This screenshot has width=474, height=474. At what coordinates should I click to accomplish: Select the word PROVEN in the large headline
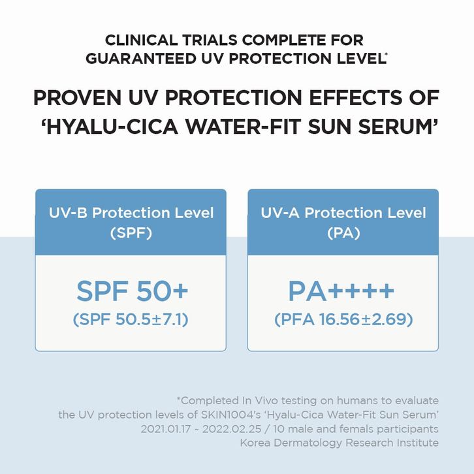(78, 98)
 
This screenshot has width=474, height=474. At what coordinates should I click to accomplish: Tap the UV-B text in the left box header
(68, 213)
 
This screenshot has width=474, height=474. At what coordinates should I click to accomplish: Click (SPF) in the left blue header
(131, 233)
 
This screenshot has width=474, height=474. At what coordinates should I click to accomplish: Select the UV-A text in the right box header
(280, 213)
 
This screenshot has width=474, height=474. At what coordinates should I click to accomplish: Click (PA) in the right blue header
(343, 233)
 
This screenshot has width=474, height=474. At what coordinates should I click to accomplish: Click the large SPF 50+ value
(132, 291)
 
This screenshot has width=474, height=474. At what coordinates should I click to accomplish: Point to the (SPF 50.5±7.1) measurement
(131, 319)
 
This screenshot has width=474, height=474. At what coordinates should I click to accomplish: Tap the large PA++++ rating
(341, 291)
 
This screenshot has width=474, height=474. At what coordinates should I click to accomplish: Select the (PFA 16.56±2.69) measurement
(343, 319)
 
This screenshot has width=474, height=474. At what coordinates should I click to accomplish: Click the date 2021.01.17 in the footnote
(166, 429)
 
